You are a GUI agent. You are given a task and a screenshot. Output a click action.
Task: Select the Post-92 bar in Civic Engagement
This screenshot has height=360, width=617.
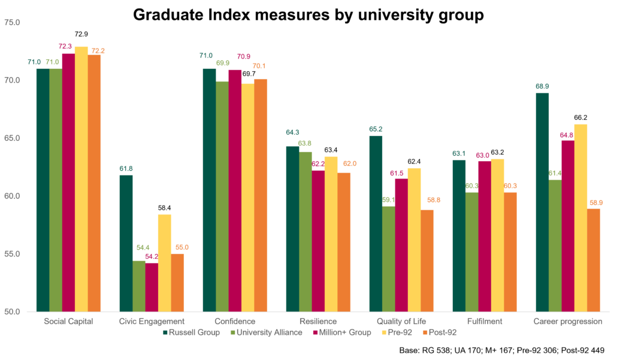pos(177,282)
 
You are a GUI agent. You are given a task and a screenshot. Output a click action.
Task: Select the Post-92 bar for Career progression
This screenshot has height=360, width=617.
pos(594,260)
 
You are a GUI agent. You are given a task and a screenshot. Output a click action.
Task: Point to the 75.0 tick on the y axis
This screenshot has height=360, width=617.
pos(13,23)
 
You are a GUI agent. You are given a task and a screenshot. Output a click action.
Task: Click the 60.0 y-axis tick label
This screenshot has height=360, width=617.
pos(13,196)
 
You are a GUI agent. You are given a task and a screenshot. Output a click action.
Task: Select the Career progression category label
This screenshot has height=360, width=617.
pos(567,321)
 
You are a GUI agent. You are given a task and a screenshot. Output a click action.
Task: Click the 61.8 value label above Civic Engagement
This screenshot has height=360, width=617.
pos(125,168)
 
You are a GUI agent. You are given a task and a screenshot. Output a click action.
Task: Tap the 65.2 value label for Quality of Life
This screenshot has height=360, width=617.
pos(376,129)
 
